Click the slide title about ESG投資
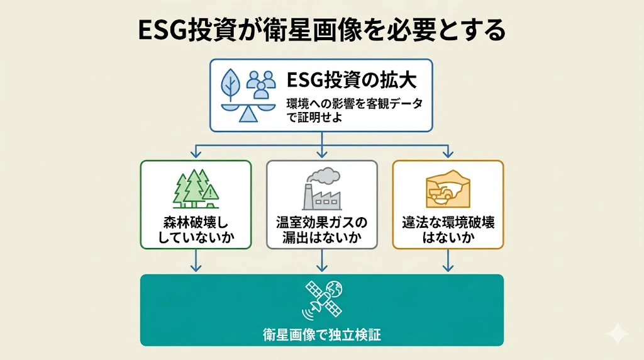(321, 30)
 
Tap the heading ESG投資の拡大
(352, 80)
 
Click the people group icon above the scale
(261, 85)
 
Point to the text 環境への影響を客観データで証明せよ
(355, 110)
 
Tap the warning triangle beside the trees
(210, 193)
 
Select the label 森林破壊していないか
(196, 230)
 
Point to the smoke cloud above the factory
(325, 176)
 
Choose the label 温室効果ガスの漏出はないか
(322, 230)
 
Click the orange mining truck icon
(439, 193)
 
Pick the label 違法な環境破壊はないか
(448, 230)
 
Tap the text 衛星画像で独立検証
(322, 335)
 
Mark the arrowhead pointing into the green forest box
(196, 154)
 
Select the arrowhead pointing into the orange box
(448, 154)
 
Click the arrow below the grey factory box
(322, 261)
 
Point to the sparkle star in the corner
(618, 334)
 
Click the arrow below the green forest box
(196, 261)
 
